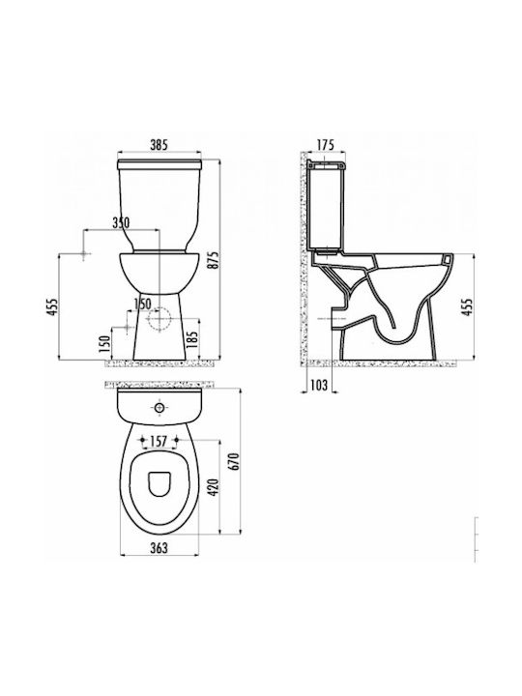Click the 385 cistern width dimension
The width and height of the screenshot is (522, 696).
coord(159,144)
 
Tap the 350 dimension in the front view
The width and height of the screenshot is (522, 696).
coord(120,223)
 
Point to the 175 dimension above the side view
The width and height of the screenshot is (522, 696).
coord(326,144)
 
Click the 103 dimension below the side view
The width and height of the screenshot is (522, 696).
coord(318,385)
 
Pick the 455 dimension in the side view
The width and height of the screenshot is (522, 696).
coord(467,306)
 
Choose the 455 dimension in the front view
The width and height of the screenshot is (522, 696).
coord(52,306)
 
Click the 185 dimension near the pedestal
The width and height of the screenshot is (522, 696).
coord(192,339)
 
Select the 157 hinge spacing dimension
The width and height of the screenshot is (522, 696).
coord(159,441)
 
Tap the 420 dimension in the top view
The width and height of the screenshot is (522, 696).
coord(214,487)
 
